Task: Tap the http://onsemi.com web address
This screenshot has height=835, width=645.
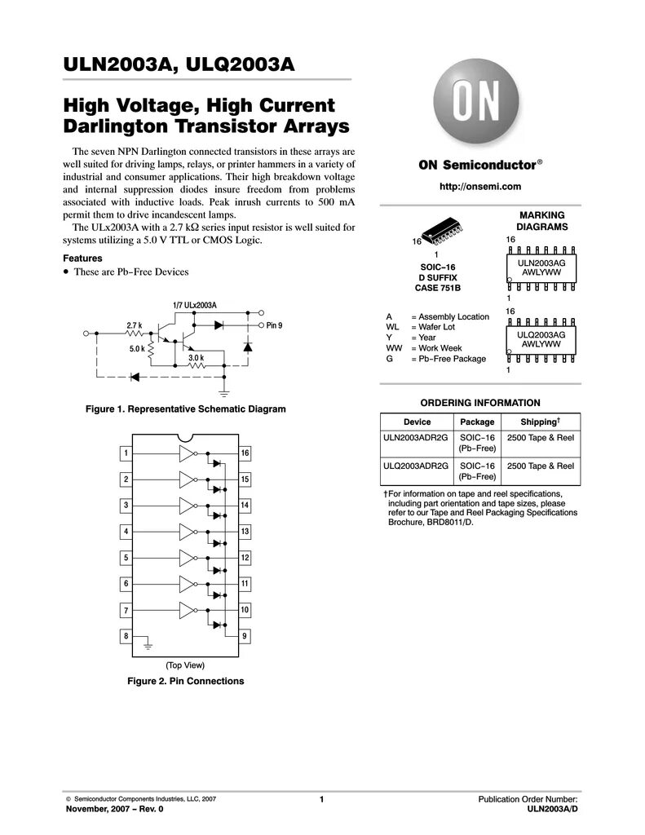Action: pos(479,187)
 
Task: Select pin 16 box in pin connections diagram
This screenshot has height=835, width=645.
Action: pos(245,453)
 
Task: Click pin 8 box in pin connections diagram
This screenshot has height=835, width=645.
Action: pos(126,636)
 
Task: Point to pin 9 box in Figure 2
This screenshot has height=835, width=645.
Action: pos(245,636)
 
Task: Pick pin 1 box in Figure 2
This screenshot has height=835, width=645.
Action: pos(126,453)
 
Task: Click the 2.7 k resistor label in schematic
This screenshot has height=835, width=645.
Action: pos(134,325)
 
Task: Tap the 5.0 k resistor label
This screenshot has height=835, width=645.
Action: pos(136,349)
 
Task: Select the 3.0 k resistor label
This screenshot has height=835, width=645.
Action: pos(196,358)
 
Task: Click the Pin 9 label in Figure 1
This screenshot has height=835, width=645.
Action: pos(274,325)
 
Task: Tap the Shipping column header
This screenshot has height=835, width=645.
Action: pos(539,422)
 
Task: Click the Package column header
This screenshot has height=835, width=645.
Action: pos(477,422)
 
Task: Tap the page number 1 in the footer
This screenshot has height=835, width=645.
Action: pos(322,800)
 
